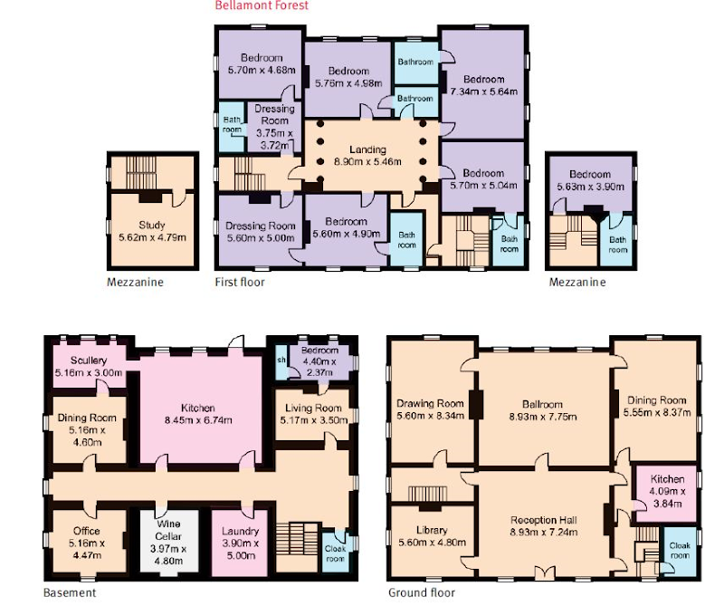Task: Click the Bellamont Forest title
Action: click(x=262, y=5)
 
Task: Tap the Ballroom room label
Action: click(x=542, y=405)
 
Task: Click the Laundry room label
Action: click(x=240, y=531)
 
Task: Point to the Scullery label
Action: click(x=89, y=361)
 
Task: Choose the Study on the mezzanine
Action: click(x=152, y=229)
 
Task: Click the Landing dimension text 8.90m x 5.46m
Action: click(x=367, y=162)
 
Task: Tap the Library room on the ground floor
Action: click(x=433, y=541)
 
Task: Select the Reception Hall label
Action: click(x=544, y=520)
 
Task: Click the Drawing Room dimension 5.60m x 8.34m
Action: click(x=431, y=416)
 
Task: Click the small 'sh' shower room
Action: click(x=281, y=361)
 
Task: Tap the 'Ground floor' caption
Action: click(x=422, y=592)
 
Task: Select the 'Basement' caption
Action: click(x=70, y=592)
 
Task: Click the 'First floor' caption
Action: click(x=240, y=282)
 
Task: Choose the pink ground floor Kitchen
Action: click(x=667, y=493)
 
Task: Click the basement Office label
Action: click(x=87, y=531)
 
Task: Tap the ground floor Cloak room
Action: click(x=680, y=551)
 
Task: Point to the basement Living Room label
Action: click(x=313, y=409)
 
